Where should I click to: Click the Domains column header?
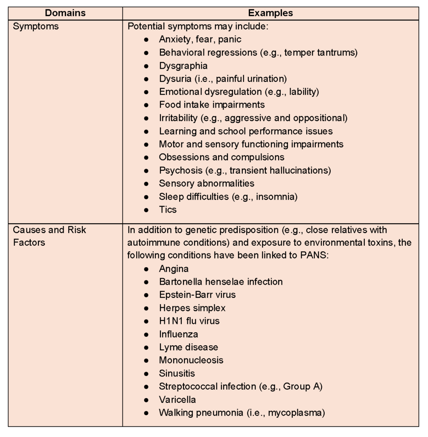pyautogui.click(x=65, y=13)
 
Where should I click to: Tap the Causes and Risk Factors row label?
pyautogui.click(x=49, y=236)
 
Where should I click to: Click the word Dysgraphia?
pyautogui.click(x=183, y=66)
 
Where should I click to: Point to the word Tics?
pyautogui.click(x=168, y=210)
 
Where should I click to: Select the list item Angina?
pyautogui.click(x=174, y=269)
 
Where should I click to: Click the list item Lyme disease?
pyautogui.click(x=188, y=347)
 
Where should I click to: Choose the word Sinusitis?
pyautogui.click(x=177, y=373)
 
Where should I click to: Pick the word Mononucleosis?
pyautogui.click(x=191, y=360)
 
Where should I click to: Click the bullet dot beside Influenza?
pyautogui.click(x=146, y=335)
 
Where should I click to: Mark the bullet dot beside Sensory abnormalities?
pyautogui.click(x=146, y=184)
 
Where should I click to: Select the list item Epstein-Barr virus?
pyautogui.click(x=197, y=295)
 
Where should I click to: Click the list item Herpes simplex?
pyautogui.click(x=192, y=308)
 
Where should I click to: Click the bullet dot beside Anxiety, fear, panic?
pyautogui.click(x=146, y=40)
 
